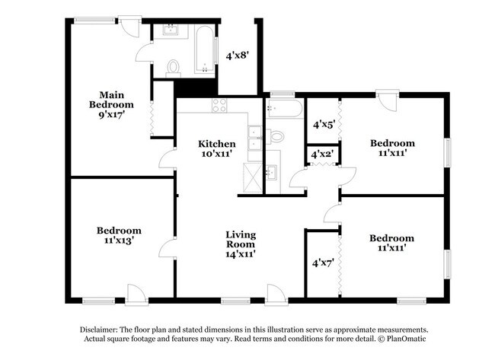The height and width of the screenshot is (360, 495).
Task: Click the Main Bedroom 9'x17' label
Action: coord(111,106)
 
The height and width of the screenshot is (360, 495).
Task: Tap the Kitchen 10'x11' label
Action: coord(217,148)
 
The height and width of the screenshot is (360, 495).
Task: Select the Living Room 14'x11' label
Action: coord(240,244)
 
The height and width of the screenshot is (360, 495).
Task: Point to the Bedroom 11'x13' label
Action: coord(119,235)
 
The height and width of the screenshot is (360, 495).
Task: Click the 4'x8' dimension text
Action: coord(237,56)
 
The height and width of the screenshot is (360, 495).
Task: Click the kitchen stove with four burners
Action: coord(219,105)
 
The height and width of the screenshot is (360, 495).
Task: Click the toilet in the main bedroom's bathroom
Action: coord(173,67)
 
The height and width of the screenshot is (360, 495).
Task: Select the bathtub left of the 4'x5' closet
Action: coord(284,108)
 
